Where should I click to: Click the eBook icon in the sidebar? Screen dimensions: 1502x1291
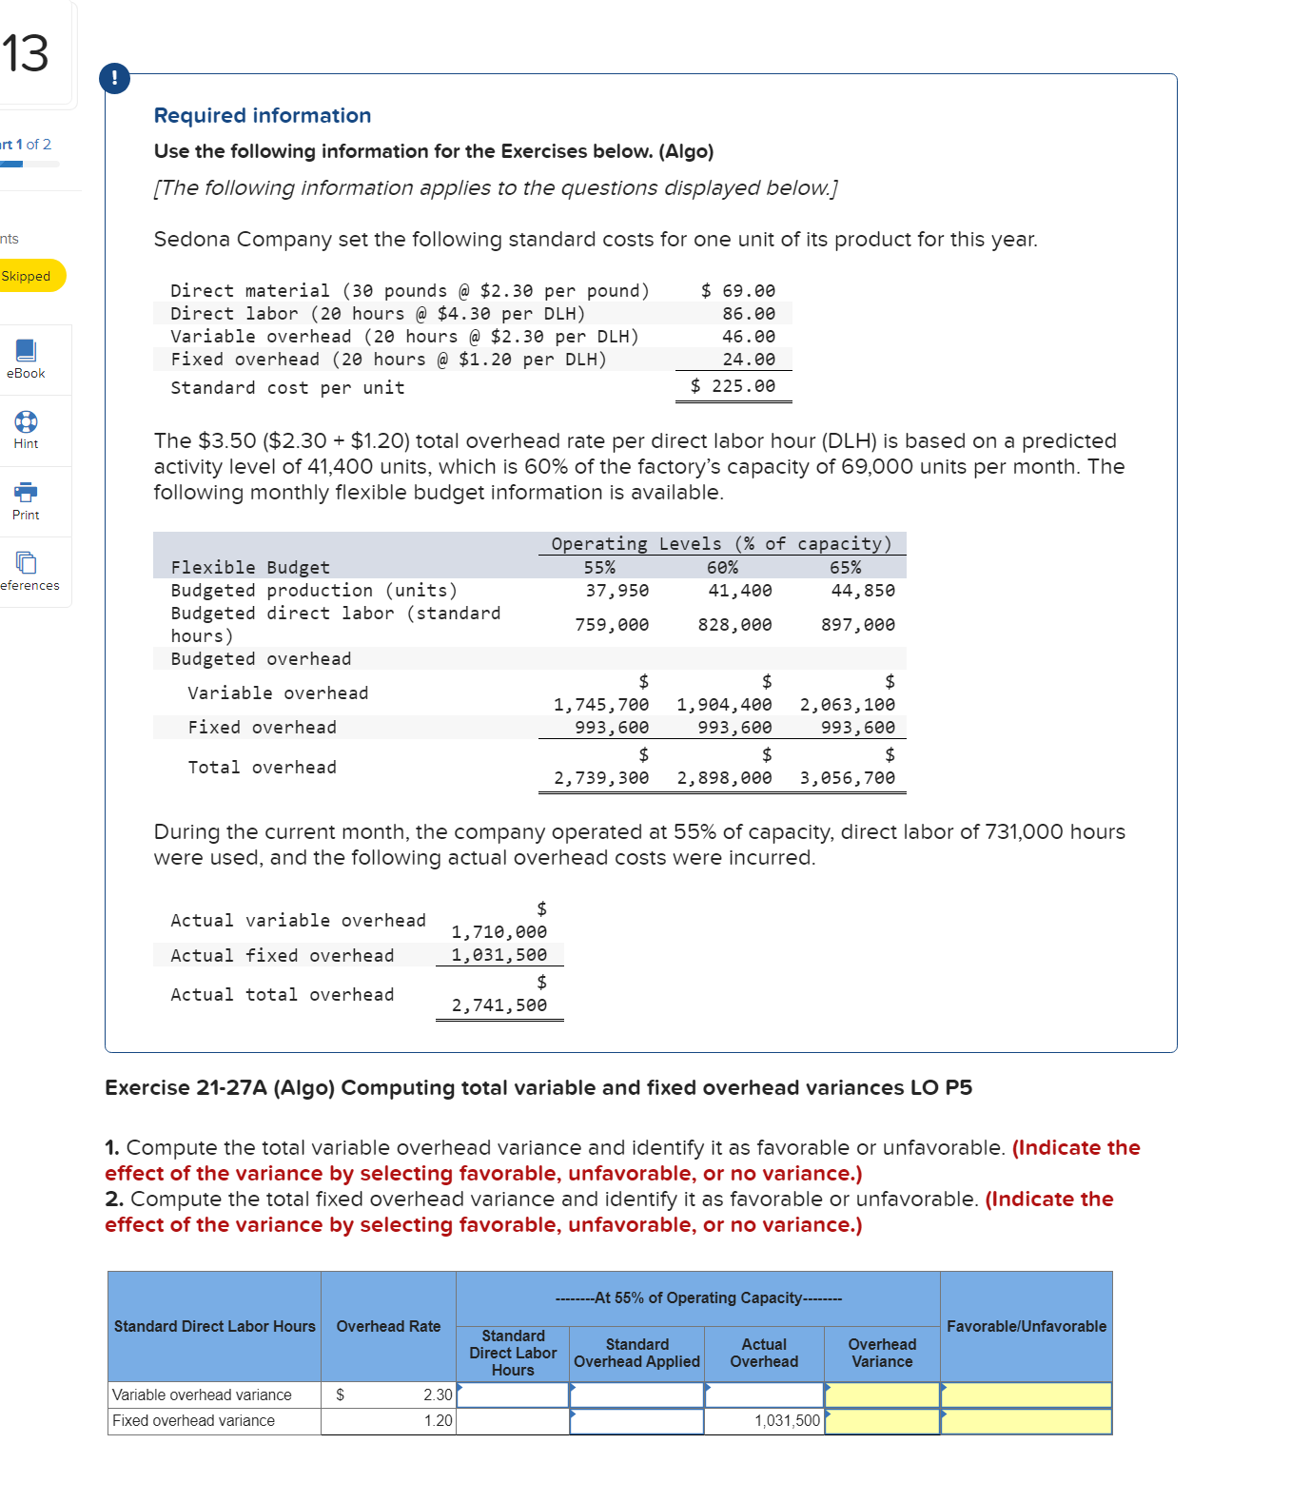(26, 351)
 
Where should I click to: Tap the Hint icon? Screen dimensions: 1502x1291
(26, 422)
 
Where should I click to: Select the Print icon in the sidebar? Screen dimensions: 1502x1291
(26, 493)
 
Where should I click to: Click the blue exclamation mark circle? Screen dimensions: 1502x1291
(114, 78)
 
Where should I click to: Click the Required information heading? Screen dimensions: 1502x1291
(263, 115)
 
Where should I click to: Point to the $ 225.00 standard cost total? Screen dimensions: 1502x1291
(733, 386)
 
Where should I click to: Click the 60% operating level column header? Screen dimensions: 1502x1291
(722, 568)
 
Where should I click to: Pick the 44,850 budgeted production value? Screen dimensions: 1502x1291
(862, 591)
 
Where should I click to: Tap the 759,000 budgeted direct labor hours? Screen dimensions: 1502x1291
(612, 625)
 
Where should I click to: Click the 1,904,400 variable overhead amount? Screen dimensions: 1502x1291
(724, 705)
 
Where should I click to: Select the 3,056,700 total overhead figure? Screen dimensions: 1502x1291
(847, 778)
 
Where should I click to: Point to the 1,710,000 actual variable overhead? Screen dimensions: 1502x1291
(499, 932)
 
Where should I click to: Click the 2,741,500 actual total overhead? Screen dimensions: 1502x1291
(499, 1005)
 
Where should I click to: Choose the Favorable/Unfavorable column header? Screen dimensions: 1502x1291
(1026, 1326)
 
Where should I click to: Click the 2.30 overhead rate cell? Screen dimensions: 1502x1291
(437, 1395)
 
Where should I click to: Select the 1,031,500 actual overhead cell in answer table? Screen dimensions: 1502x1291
(786, 1421)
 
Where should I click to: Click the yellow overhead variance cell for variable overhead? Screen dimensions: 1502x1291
(882, 1395)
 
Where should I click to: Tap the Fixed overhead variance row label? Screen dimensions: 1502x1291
(194, 1421)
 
